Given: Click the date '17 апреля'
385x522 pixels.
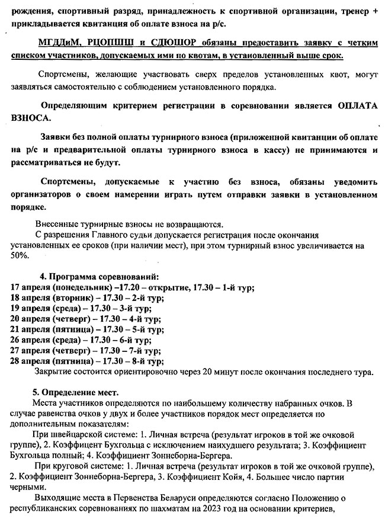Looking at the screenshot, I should pos(31,287).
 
